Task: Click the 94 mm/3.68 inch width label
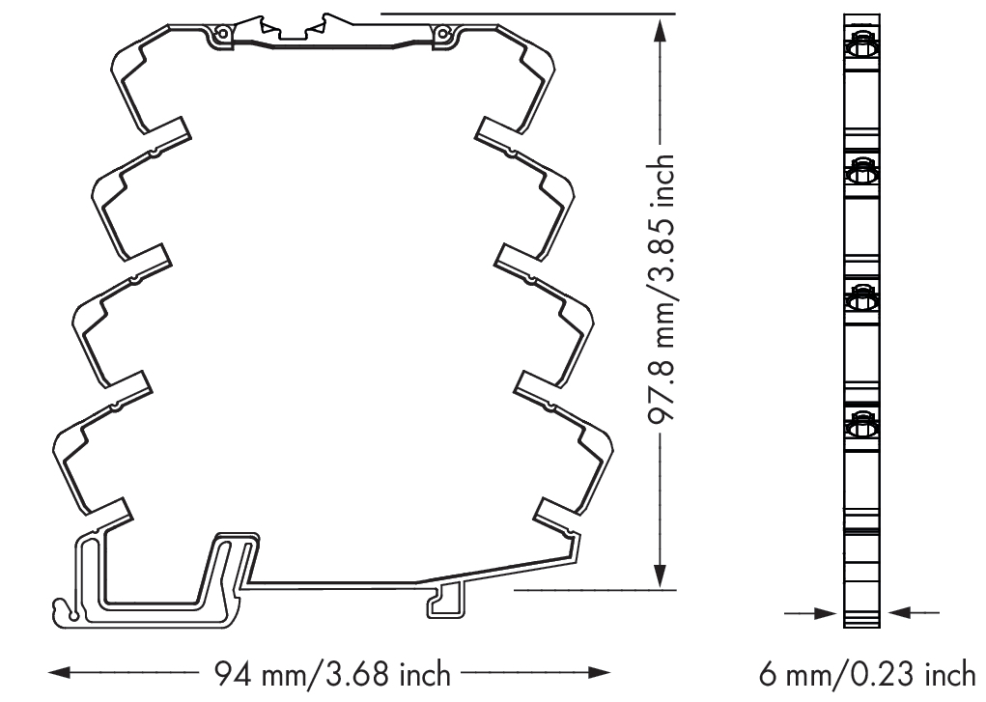pos(332,674)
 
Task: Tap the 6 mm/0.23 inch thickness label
pos(867,675)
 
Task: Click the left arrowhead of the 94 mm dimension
pos(60,673)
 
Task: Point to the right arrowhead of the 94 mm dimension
pos(600,673)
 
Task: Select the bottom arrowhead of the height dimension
pos(660,576)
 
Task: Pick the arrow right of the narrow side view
pos(913,612)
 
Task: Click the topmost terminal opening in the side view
pos(861,46)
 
